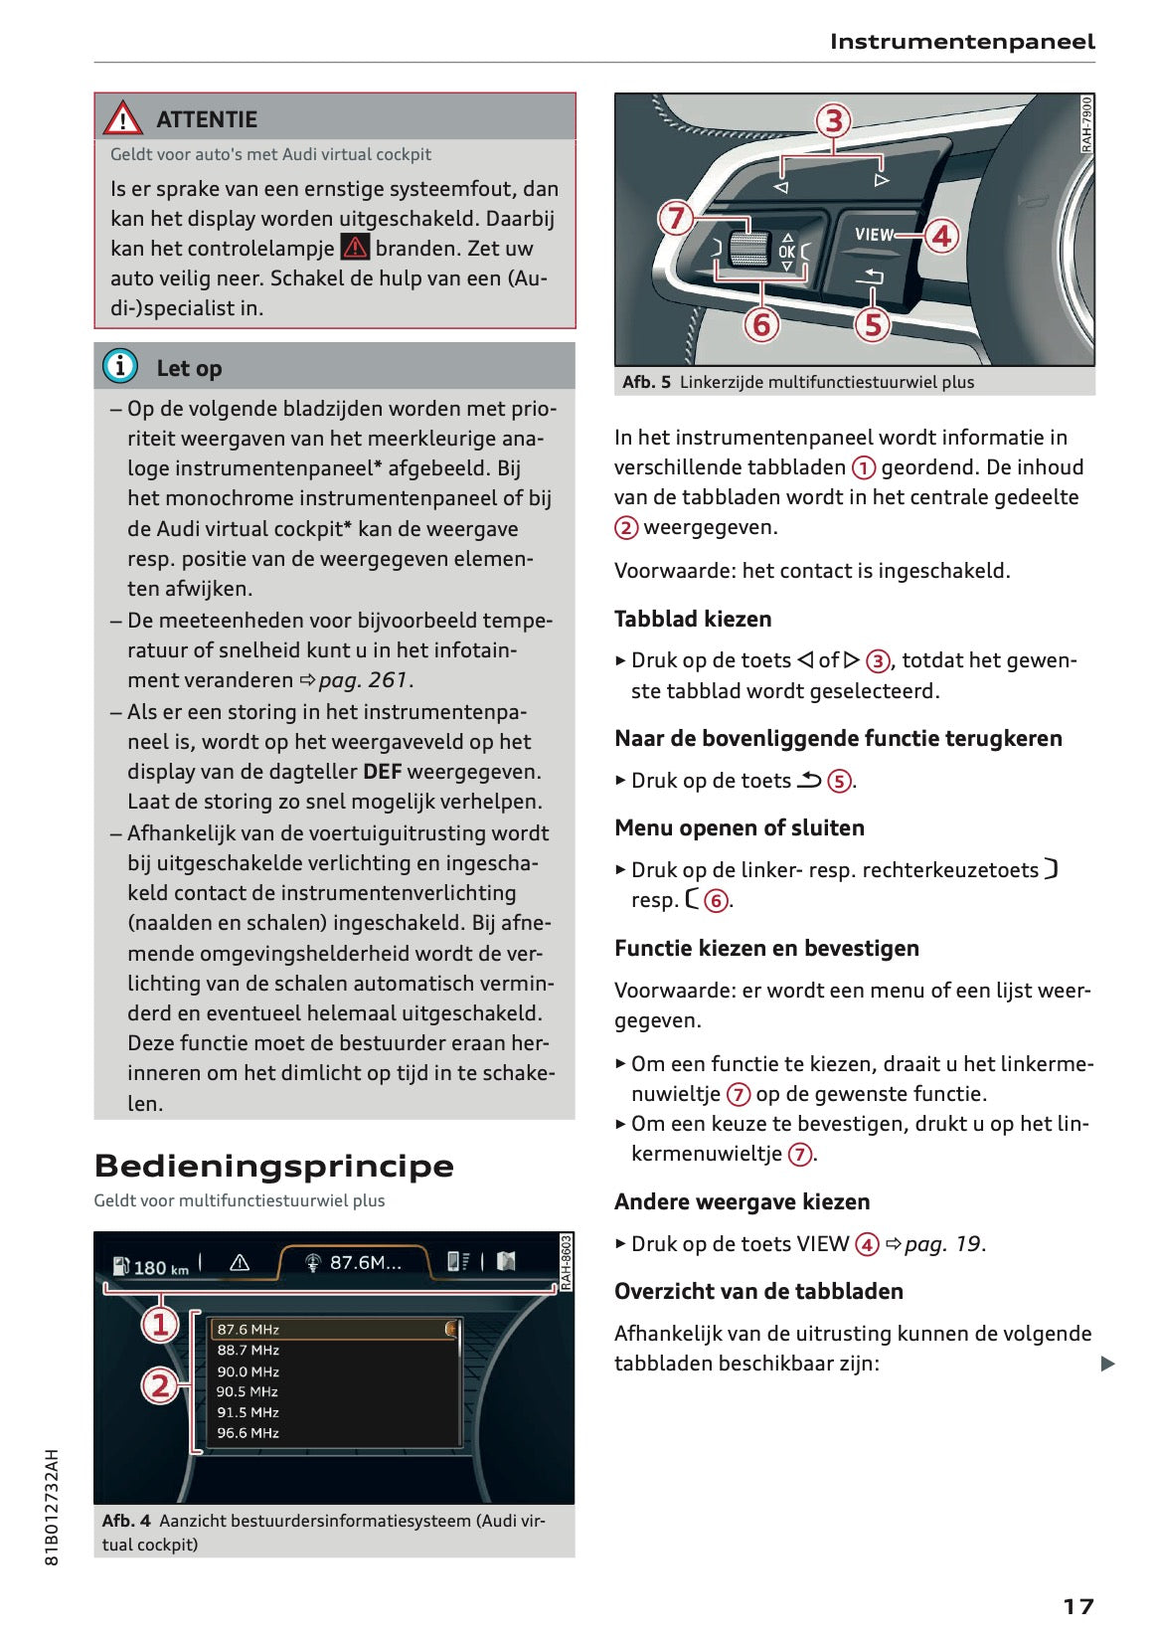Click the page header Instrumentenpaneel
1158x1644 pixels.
tap(961, 42)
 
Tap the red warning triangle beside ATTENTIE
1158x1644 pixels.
tap(122, 118)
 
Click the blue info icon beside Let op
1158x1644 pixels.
tap(120, 366)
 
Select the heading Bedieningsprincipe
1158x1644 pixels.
tap(273, 1166)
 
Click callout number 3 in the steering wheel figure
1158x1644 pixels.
tap(833, 121)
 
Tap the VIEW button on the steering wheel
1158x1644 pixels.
tap(874, 235)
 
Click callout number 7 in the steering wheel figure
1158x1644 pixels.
tap(676, 218)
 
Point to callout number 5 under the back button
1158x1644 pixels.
tap(872, 324)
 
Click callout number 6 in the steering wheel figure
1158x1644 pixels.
tap(761, 324)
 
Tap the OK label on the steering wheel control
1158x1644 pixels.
tap(786, 252)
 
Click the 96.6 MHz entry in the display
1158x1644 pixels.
tap(248, 1433)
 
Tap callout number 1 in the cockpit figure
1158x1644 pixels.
tap(159, 1324)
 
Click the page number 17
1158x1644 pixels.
tap(1077, 1606)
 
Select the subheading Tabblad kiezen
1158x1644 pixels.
tap(692, 619)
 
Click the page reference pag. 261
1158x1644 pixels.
tap(363, 680)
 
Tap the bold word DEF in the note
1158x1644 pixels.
tap(382, 772)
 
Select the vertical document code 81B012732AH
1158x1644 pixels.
tap(53, 1507)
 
